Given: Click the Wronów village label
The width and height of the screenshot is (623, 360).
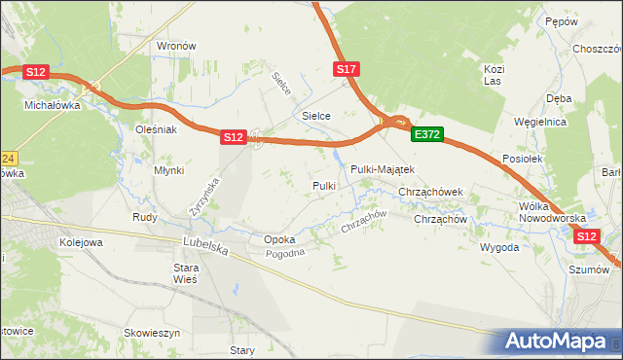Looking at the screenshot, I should coord(177,46).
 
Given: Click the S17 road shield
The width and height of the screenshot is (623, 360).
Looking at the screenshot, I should coord(348,69).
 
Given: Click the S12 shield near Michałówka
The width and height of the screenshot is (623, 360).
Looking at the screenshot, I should coord(36,72).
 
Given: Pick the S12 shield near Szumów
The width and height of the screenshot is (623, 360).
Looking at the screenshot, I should coord(586,236).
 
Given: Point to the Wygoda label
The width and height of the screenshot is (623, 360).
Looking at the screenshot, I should coord(499,247).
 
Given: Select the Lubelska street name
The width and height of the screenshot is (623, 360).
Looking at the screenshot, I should coord(205,248).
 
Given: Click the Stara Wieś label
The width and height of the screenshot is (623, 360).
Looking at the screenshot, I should coord(186,272).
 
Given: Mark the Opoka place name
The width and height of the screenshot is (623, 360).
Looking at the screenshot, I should coord(279,239).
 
